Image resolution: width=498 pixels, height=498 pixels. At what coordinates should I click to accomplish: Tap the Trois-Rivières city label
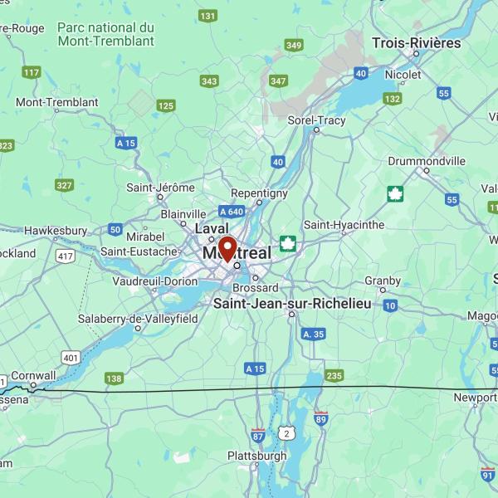tap(416, 42)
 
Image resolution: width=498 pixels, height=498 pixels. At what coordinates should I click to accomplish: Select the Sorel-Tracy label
tap(315, 120)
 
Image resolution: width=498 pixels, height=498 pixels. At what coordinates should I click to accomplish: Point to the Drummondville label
tap(427, 161)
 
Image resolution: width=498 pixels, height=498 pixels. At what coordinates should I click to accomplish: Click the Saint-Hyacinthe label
tap(344, 224)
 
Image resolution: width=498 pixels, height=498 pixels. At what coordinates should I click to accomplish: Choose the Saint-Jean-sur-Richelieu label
tap(292, 304)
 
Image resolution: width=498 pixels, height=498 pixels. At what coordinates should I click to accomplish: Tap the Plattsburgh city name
tap(256, 456)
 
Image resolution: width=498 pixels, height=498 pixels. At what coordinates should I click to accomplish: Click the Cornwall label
tap(34, 376)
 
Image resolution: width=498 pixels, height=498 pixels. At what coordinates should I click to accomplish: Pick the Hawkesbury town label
tap(56, 230)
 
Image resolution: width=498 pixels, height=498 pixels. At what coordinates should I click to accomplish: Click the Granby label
tap(382, 280)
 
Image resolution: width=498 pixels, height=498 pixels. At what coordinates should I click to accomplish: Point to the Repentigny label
tap(259, 193)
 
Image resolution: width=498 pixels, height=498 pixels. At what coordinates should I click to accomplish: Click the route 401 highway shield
tap(71, 358)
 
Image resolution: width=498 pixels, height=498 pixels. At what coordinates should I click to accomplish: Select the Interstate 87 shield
tap(258, 434)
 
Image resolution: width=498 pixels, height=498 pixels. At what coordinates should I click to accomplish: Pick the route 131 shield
tap(207, 16)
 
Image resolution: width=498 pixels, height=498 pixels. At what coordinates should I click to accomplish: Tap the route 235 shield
tap(334, 376)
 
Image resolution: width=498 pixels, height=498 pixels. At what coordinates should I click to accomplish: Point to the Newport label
tap(474, 398)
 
